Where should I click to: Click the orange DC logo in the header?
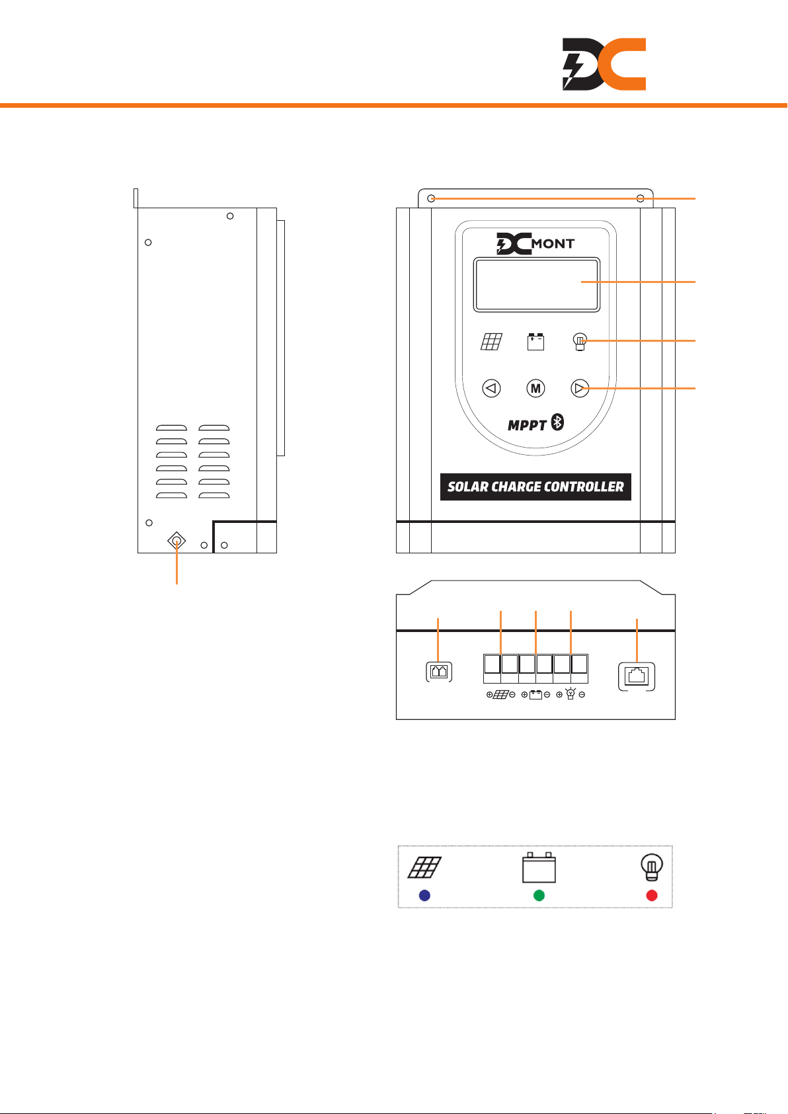pyautogui.click(x=604, y=64)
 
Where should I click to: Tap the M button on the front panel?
pyautogui.click(x=535, y=388)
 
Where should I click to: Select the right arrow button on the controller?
pyautogui.click(x=580, y=388)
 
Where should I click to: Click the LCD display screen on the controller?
pyautogui.click(x=536, y=285)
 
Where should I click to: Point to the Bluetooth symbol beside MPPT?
pyautogui.click(x=557, y=423)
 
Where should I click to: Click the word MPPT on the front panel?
pyautogui.click(x=527, y=425)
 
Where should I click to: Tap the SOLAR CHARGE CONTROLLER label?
pyautogui.click(x=535, y=487)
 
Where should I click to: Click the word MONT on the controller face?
pyautogui.click(x=553, y=244)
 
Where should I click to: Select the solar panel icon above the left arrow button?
pyautogui.click(x=491, y=341)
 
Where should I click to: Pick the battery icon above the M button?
pyautogui.click(x=535, y=341)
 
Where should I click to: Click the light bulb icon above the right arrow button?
pyautogui.click(x=580, y=342)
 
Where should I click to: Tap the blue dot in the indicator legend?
pyautogui.click(x=425, y=895)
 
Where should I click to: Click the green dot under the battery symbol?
pyautogui.click(x=539, y=895)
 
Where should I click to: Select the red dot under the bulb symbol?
pyautogui.click(x=652, y=895)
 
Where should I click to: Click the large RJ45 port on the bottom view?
pyautogui.click(x=637, y=676)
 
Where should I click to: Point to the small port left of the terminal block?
pyautogui.click(x=439, y=672)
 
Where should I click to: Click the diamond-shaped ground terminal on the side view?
pyautogui.click(x=177, y=541)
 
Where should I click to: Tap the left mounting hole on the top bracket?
pyautogui.click(x=431, y=198)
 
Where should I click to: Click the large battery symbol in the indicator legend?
pyautogui.click(x=539, y=867)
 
